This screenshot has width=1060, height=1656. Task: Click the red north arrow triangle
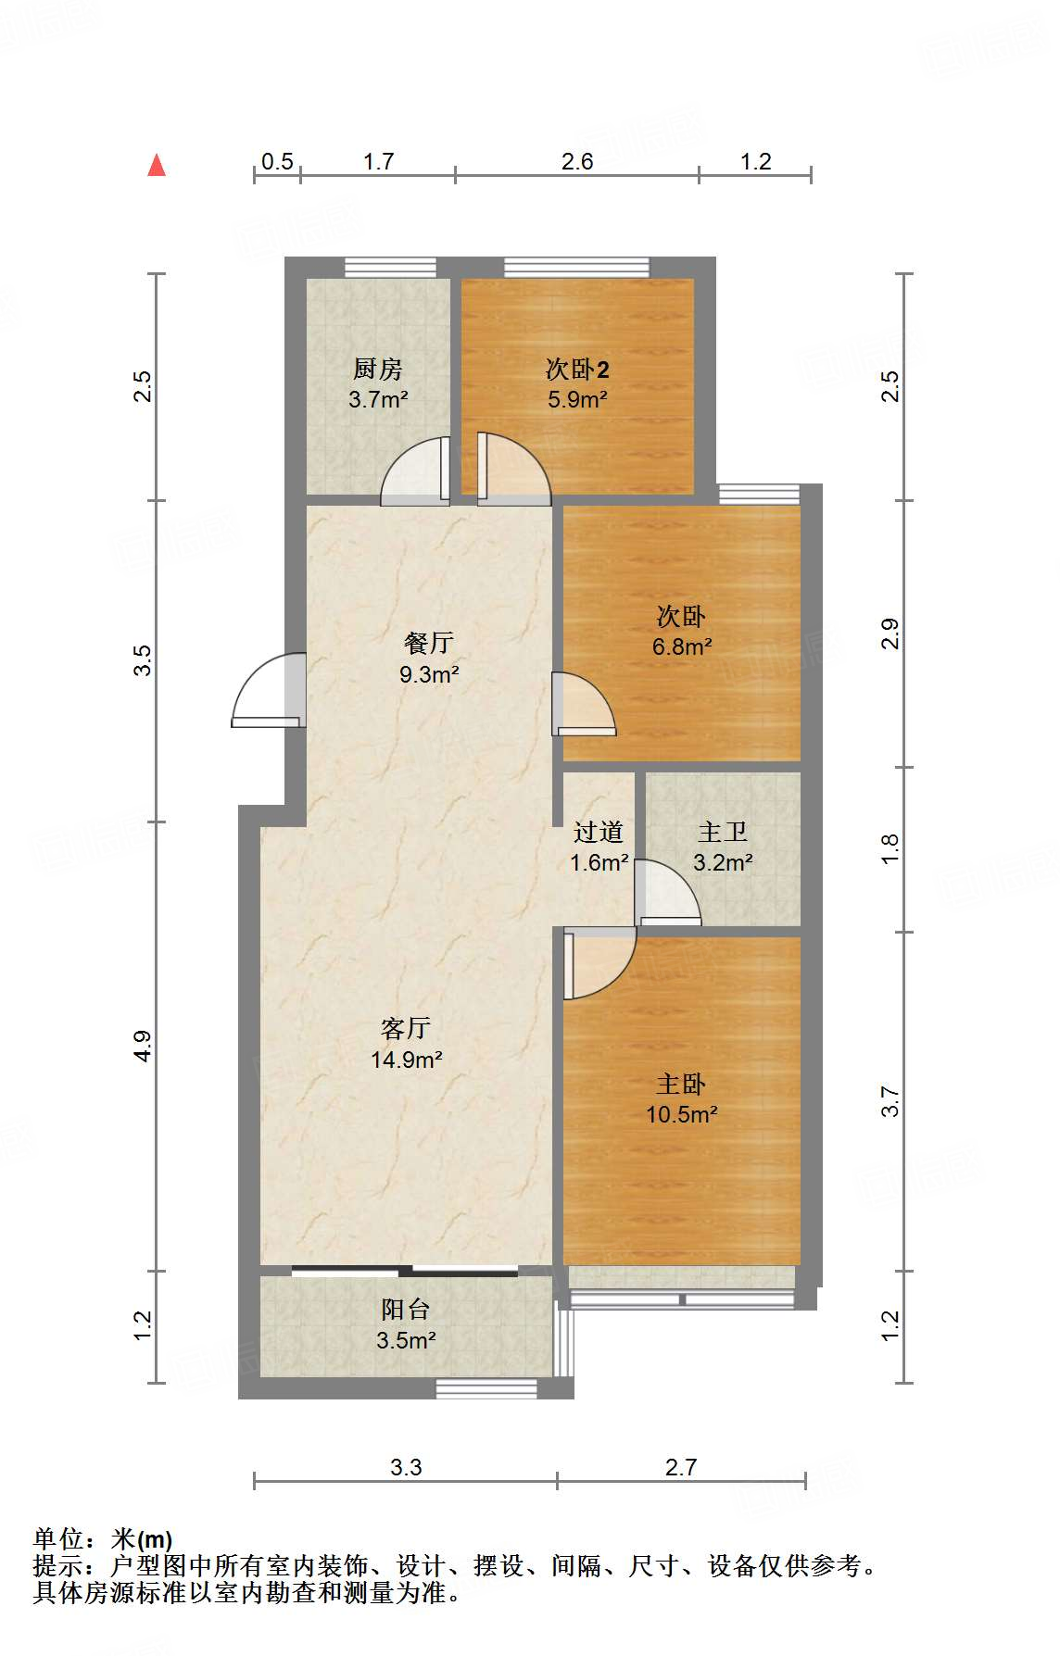(x=157, y=166)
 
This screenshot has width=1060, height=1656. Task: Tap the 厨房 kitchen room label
(x=378, y=370)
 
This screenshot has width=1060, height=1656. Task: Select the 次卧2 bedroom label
(x=577, y=370)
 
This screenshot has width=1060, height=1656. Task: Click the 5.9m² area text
(x=577, y=400)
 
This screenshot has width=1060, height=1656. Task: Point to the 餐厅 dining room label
(x=429, y=643)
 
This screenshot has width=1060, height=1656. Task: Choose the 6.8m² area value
(x=682, y=646)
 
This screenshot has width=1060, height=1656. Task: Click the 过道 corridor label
(x=599, y=832)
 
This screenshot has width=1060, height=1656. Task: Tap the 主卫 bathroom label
(x=723, y=832)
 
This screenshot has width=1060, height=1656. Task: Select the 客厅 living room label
(x=406, y=1028)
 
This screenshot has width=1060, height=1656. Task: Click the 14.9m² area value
(x=406, y=1060)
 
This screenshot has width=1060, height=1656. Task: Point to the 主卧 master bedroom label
(x=682, y=1084)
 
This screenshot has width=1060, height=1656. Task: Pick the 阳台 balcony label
(x=406, y=1310)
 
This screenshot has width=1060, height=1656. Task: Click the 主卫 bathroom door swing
(x=667, y=893)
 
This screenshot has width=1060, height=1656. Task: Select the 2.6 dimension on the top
(x=577, y=162)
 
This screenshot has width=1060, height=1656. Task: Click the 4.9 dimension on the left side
(x=142, y=1046)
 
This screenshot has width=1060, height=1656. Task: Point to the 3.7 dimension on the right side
(x=890, y=1101)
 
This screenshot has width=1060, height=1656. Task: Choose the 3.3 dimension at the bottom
(x=406, y=1467)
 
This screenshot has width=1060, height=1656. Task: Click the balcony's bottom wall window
(x=486, y=1388)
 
